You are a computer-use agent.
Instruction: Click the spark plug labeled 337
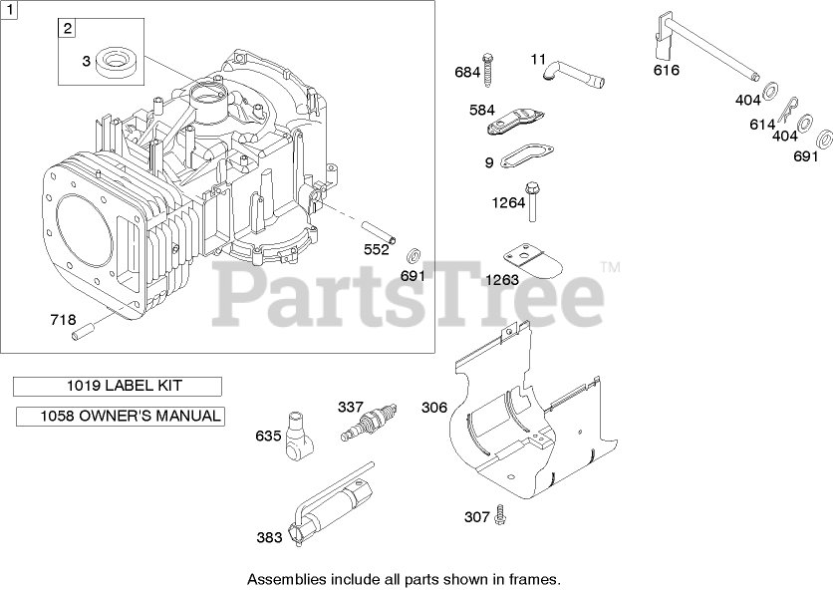pyautogui.click(x=368, y=425)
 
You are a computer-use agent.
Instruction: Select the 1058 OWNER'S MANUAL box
pyautogui.click(x=120, y=416)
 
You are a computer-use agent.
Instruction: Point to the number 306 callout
pyautogui.click(x=434, y=408)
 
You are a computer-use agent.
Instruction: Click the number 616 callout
pyautogui.click(x=667, y=70)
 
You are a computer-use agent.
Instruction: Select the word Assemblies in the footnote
pyautogui.click(x=284, y=578)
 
